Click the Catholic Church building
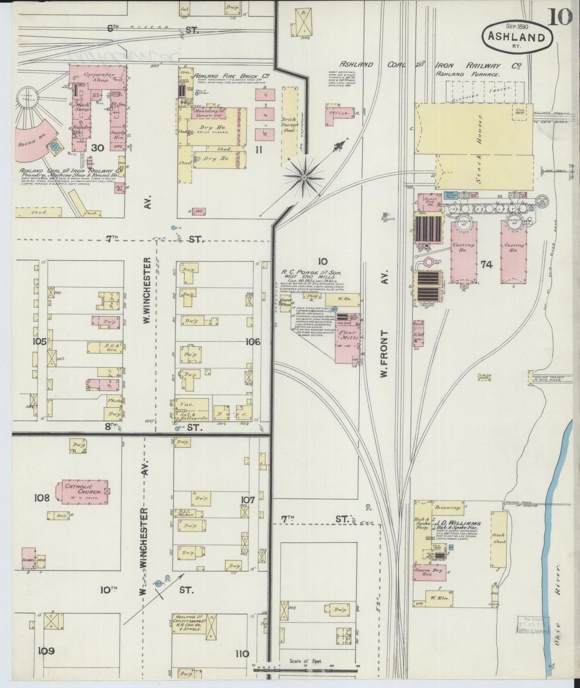coord(82,492)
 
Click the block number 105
coord(40,342)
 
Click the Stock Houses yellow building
coord(474,136)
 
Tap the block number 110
coord(242,653)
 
